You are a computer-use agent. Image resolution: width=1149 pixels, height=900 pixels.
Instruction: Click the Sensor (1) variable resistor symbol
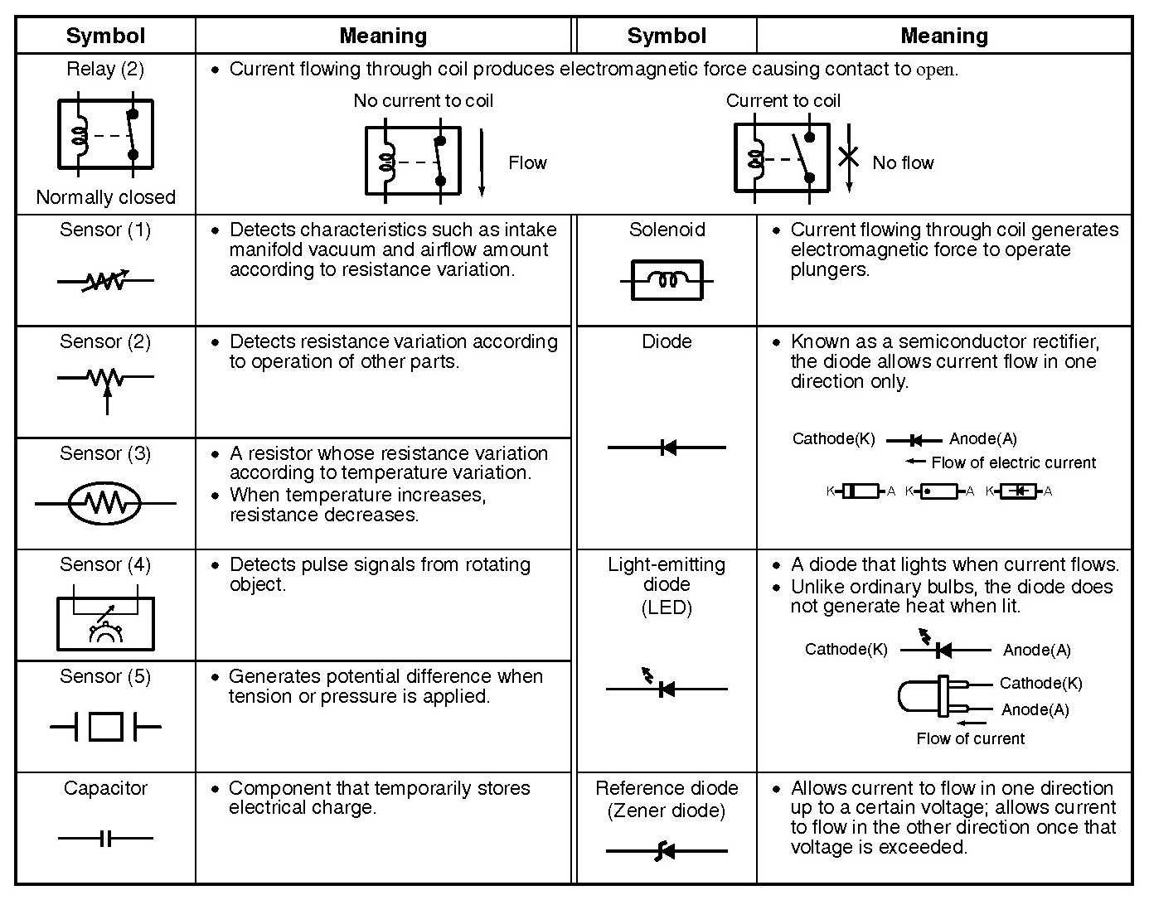105,282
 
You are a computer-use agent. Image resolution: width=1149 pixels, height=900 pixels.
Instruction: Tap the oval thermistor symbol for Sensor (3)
105,502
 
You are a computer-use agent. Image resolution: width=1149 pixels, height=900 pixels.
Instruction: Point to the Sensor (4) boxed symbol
105,622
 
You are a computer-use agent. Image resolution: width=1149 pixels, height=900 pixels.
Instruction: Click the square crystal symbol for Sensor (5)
105,728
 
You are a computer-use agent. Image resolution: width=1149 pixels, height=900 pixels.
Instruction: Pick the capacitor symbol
105,838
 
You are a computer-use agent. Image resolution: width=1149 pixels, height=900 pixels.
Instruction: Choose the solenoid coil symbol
667,281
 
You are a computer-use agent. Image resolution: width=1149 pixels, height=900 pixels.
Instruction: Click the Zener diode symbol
667,850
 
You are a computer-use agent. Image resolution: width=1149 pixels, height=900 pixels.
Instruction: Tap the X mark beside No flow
848,156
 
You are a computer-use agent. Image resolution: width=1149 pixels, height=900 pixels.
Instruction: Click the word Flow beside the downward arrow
527,162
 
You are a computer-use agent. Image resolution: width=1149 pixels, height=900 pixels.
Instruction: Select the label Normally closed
106,197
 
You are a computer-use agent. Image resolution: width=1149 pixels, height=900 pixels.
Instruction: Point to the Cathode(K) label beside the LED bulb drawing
1040,684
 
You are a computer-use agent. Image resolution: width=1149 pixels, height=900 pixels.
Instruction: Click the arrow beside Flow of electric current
915,462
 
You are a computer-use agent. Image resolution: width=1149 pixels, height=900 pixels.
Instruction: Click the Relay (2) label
105,69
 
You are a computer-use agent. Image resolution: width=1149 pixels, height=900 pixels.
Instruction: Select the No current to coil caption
423,101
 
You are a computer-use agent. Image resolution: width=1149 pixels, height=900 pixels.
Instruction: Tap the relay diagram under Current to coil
782,157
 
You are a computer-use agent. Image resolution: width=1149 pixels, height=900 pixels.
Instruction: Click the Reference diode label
667,788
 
